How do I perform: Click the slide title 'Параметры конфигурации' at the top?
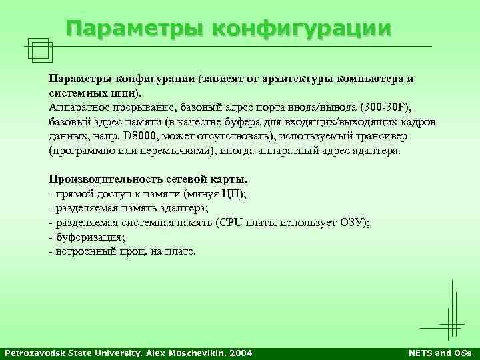[229, 29]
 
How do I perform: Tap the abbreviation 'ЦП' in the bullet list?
[231, 194]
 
